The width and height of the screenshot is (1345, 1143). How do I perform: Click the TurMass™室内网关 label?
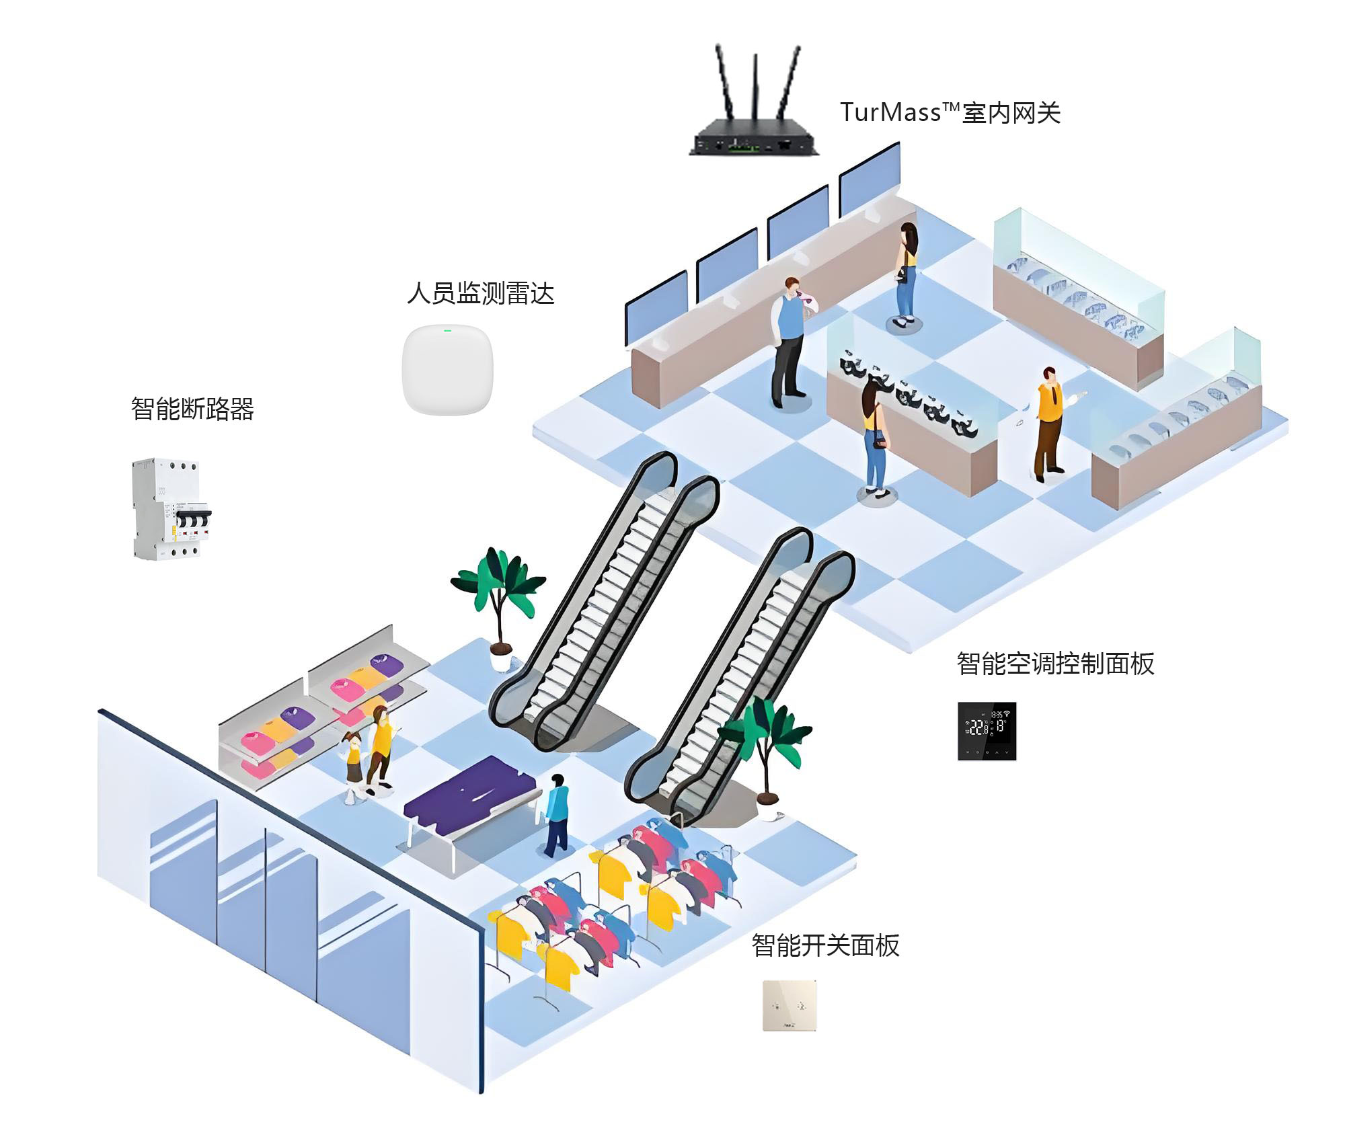click(x=950, y=112)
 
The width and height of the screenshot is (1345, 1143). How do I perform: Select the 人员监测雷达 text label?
click(x=480, y=293)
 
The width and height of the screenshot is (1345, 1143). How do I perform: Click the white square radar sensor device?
click(x=447, y=369)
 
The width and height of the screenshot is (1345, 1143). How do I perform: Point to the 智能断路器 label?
click(x=192, y=408)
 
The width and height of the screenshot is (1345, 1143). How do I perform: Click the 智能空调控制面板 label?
click(x=1054, y=664)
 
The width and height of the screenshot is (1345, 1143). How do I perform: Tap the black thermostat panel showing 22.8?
click(x=987, y=731)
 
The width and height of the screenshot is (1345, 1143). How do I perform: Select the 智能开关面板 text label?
click(x=825, y=945)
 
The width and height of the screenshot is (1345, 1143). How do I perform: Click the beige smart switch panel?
click(x=790, y=1006)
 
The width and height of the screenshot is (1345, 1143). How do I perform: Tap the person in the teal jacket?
click(x=557, y=814)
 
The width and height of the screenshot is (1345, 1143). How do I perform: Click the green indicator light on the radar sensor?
click(x=447, y=330)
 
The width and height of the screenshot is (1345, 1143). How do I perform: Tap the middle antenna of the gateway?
click(x=755, y=87)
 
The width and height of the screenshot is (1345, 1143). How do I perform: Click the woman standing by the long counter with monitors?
click(x=906, y=272)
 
